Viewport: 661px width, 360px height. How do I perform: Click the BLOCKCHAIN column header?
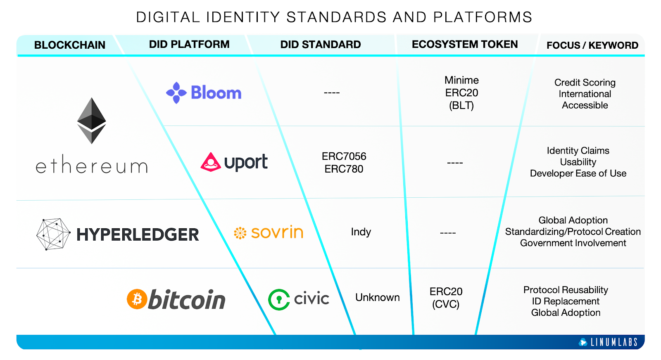coord(69,45)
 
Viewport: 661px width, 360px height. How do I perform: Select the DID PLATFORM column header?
coord(189,44)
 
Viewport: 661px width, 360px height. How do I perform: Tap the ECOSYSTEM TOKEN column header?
coord(464,44)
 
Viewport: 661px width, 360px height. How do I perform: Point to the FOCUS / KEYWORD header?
coord(592,45)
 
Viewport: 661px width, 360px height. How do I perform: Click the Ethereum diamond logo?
coord(92,121)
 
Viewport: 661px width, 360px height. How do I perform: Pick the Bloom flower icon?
coord(176,92)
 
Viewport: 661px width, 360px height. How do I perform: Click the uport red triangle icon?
coord(211,162)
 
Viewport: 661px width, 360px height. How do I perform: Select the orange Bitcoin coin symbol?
coord(137,299)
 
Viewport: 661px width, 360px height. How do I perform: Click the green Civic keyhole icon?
coord(279,299)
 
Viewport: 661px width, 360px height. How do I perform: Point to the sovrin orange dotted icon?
coord(240,233)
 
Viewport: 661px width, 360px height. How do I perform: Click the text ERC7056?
coord(344,156)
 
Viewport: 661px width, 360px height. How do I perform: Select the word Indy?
coord(361,232)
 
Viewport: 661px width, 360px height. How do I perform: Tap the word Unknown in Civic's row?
coord(377,297)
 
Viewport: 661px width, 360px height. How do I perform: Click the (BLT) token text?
coord(461,105)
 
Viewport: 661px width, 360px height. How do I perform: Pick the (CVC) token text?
coord(446,304)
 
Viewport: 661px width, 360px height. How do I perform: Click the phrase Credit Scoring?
coord(585,83)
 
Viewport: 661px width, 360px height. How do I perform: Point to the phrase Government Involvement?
coord(573,243)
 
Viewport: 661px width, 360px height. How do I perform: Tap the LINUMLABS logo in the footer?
coord(609,342)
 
